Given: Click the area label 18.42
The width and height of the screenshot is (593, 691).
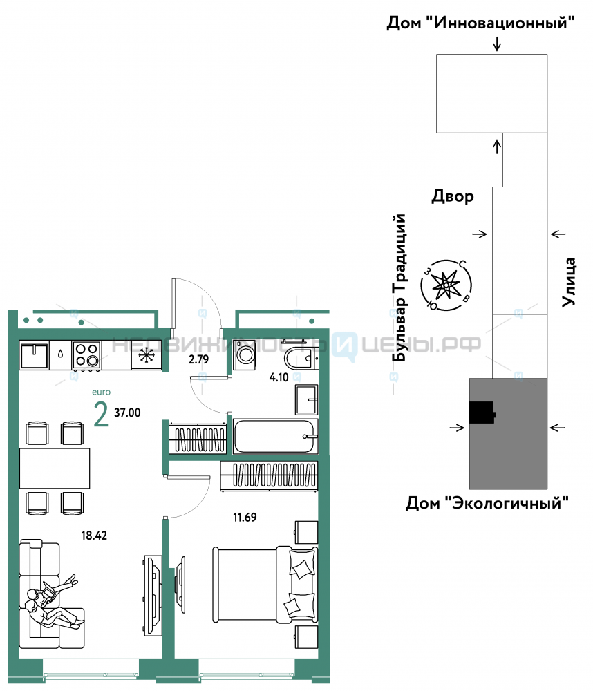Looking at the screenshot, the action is (94, 536).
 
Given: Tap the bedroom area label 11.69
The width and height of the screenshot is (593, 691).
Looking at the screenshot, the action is (245, 517).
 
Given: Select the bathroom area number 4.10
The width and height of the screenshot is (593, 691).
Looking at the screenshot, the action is (279, 377).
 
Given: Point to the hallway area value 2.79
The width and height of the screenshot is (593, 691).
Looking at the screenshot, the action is (198, 359).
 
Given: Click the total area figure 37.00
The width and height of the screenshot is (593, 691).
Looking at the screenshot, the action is (127, 413).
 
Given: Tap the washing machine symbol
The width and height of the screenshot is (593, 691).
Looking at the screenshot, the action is (245, 355).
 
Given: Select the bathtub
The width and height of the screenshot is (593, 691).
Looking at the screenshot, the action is (275, 436).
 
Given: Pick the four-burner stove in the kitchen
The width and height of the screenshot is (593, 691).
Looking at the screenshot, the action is (86, 354).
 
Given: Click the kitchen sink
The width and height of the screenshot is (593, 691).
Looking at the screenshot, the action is (34, 355).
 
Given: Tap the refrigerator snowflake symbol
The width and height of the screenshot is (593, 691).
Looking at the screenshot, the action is (147, 355).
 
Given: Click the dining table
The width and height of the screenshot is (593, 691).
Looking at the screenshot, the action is (55, 468).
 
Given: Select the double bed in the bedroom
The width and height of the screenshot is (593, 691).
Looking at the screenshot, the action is (265, 585).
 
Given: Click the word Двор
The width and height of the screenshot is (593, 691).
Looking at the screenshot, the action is (453, 196).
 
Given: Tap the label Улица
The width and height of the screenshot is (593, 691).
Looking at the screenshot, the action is (569, 282).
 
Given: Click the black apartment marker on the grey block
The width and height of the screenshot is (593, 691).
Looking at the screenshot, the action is (482, 413).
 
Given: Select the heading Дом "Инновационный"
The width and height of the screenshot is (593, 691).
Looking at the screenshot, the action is (480, 22).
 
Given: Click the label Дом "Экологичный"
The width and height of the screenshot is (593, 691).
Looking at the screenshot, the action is (487, 502).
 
